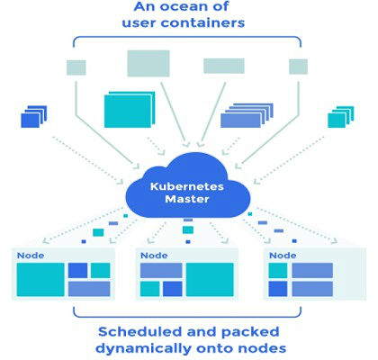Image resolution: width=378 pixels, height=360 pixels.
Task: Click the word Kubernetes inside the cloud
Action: (187, 186)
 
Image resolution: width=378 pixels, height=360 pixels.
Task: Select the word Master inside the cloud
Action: (187, 199)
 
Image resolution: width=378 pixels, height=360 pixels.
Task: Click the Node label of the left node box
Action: (31, 256)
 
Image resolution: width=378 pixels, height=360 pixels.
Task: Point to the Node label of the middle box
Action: (154, 256)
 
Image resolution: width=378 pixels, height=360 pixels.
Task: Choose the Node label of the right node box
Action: (283, 256)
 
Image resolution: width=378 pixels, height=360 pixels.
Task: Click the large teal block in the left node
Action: (40, 280)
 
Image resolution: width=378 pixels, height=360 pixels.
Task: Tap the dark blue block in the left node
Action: (77, 270)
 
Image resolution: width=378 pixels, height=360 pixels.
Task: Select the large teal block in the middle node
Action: (210, 280)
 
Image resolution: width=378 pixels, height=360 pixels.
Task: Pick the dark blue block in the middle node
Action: (173, 289)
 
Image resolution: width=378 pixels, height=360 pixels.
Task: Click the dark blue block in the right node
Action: (278, 289)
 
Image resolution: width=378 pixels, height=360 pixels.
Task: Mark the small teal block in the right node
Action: (278, 270)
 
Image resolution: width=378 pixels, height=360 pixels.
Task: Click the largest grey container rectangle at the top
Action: (148, 63)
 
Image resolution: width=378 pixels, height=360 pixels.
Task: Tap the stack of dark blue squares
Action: (34, 117)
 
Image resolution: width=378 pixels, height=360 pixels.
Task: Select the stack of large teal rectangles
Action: (130, 110)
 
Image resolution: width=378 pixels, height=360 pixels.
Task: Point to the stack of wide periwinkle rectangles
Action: (247, 115)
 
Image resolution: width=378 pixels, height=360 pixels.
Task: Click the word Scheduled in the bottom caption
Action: (139, 332)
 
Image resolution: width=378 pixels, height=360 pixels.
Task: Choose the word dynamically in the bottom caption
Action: (144, 348)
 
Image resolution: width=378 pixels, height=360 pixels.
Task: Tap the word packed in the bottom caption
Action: (250, 332)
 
